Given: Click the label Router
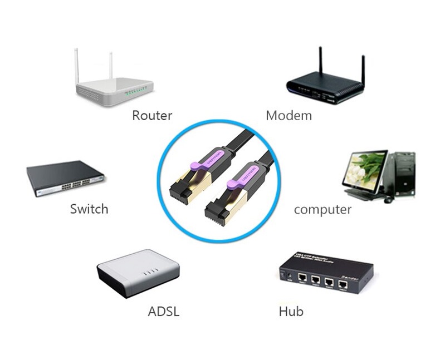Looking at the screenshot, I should tap(152, 116).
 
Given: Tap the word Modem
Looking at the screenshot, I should tap(288, 116).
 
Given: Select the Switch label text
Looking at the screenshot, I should tap(89, 209).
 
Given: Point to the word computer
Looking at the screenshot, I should tap(322, 210).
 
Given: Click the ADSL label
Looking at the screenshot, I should tap(164, 311).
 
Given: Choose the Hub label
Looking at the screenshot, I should tap(291, 311).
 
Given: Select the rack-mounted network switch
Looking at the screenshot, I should tap(66, 178).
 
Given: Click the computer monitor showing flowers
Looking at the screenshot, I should tap(365, 170).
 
